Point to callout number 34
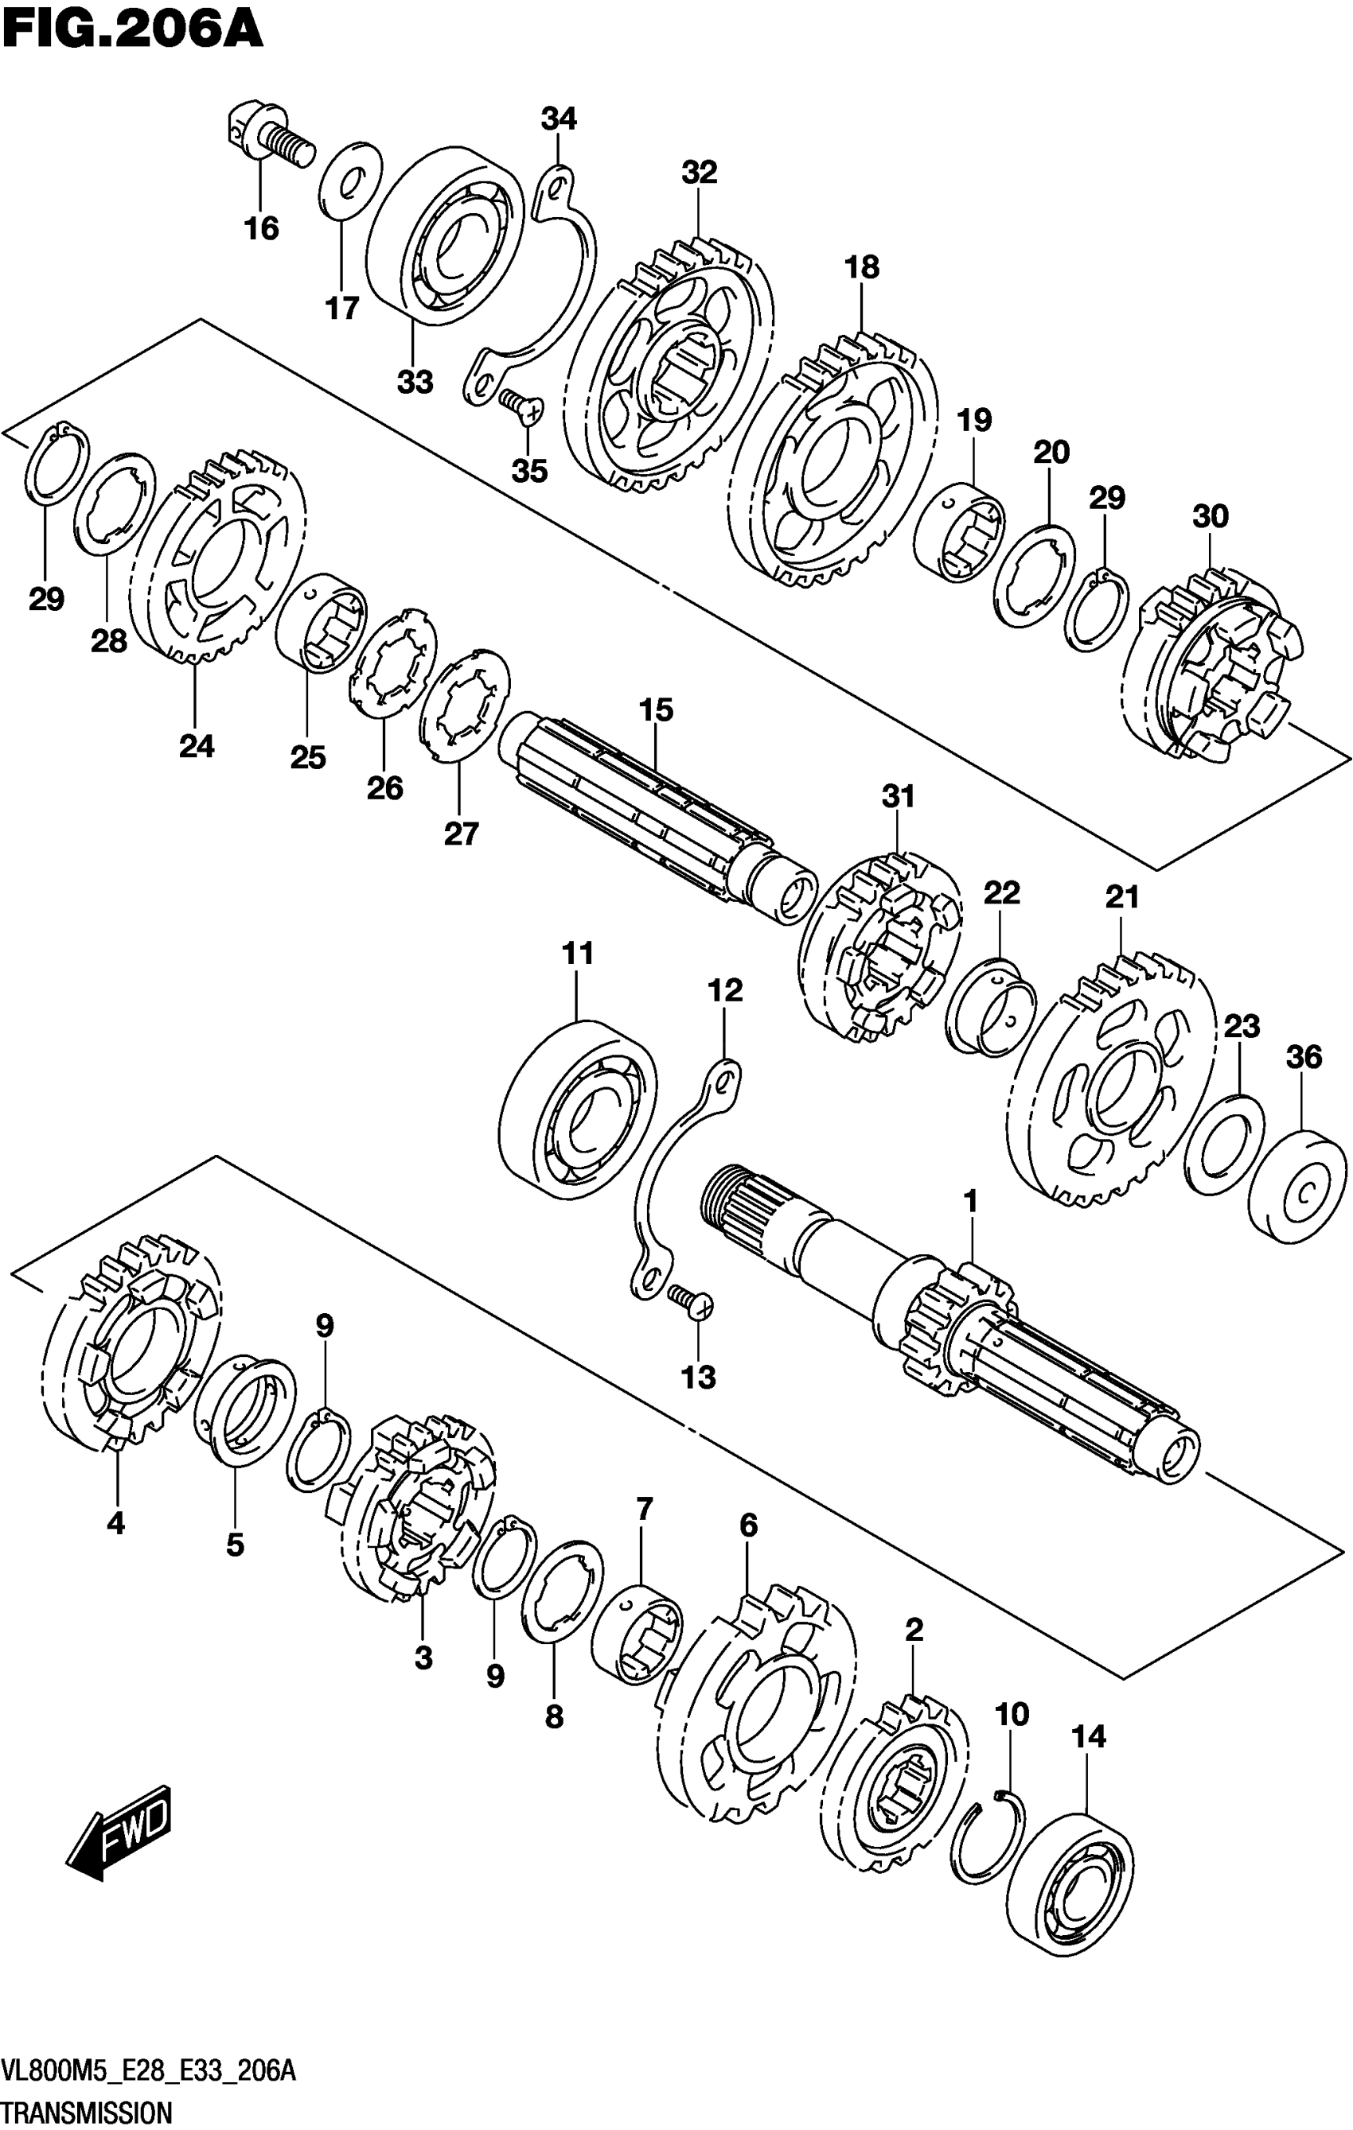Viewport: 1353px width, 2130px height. tap(559, 119)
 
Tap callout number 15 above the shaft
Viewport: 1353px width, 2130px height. tap(657, 709)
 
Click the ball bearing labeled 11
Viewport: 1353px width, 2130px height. tap(578, 1110)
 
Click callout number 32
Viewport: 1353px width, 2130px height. tap(699, 173)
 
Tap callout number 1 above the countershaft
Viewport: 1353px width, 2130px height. tap(971, 1201)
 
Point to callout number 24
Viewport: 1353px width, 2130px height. tap(197, 747)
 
